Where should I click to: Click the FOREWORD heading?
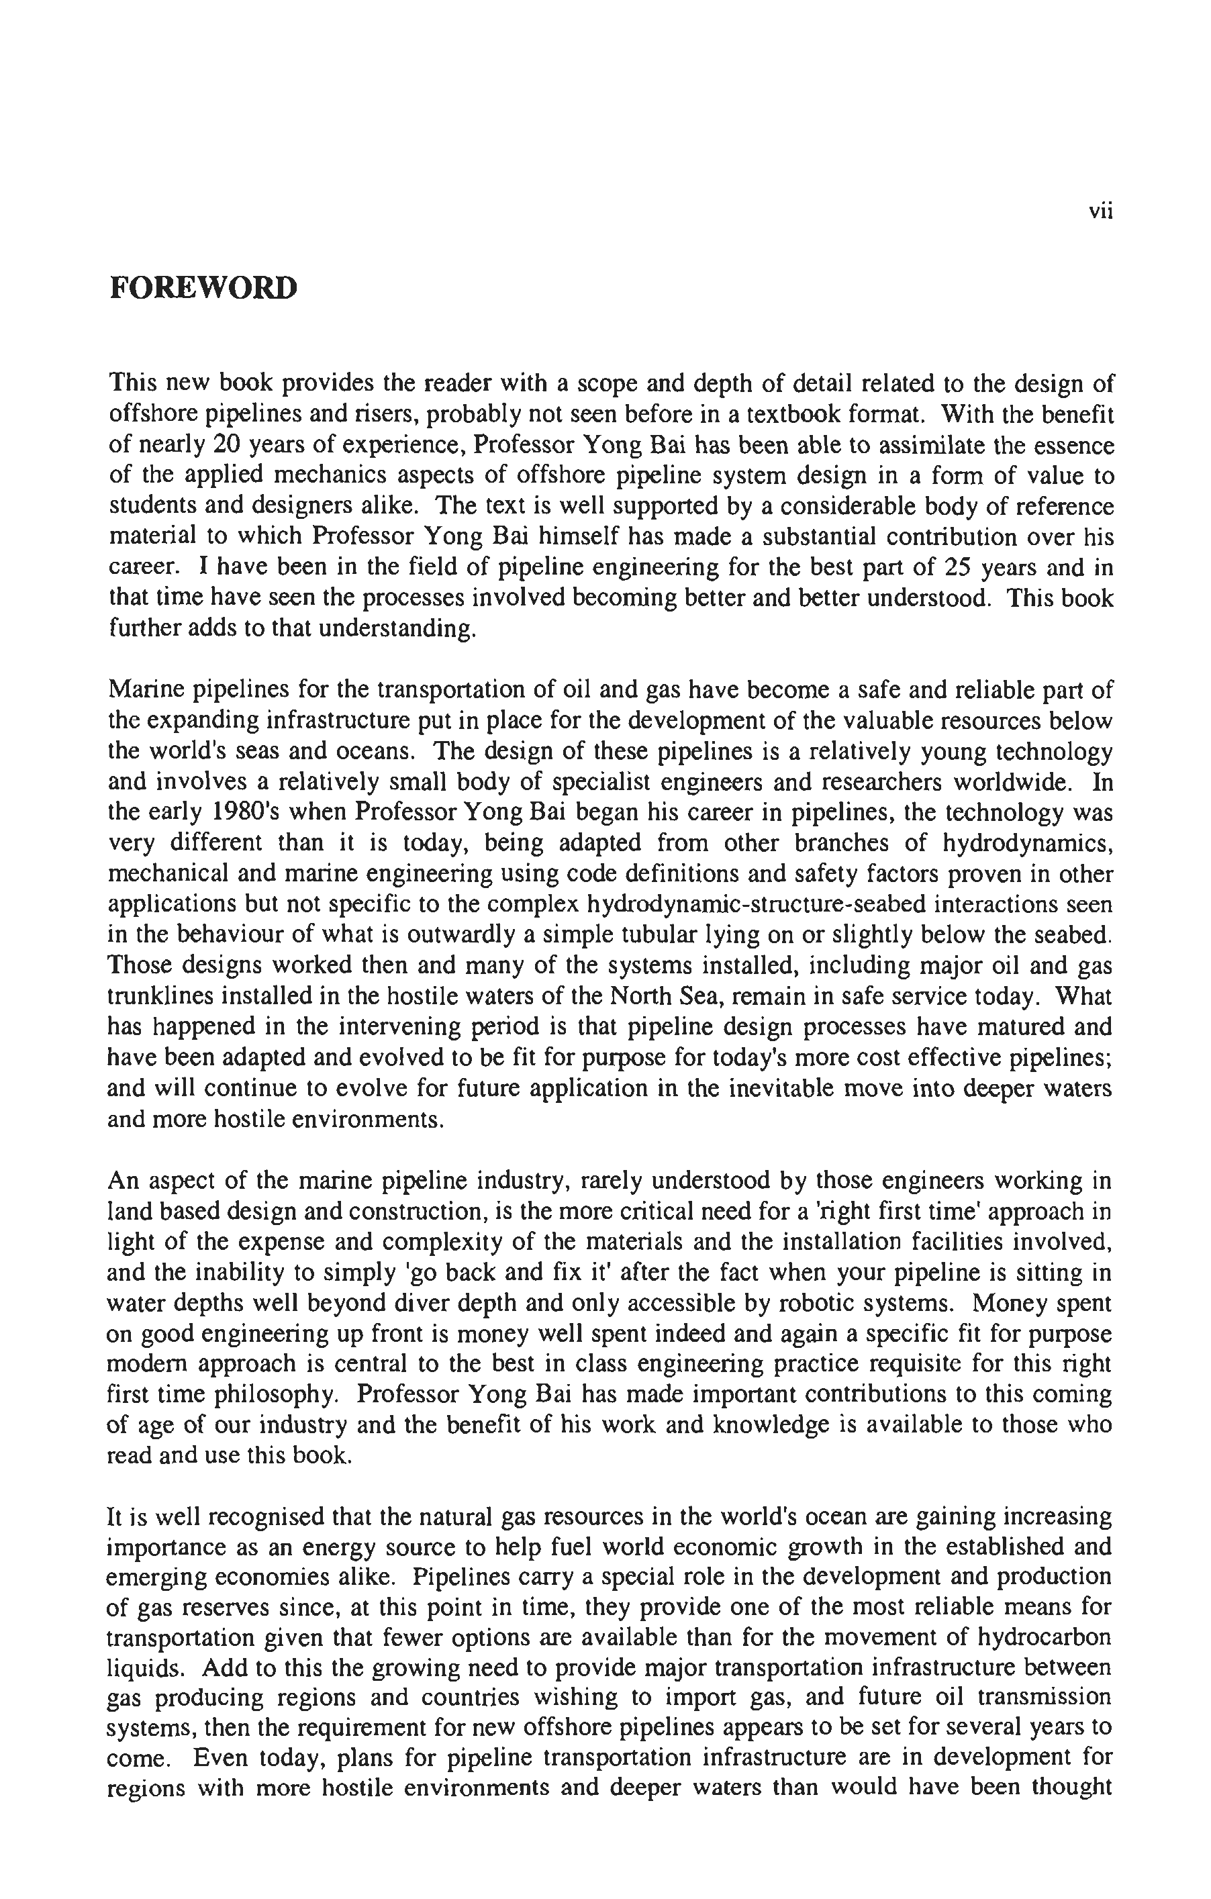[x=203, y=288]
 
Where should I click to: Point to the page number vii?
[x=1101, y=211]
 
